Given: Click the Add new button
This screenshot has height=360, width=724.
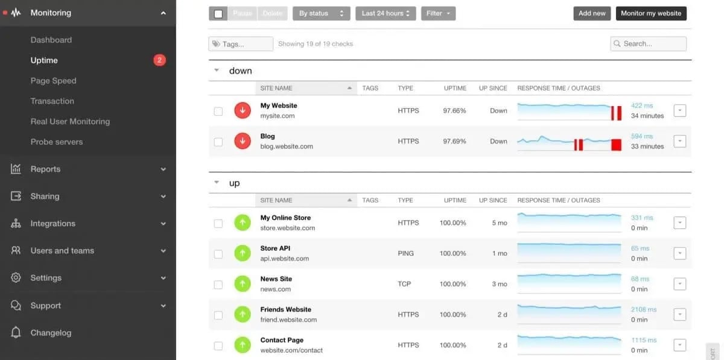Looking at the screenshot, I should coord(592,13).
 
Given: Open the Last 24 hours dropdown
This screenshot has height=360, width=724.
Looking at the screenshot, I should coord(385,13).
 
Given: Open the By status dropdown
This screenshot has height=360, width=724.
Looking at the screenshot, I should coord(321,13).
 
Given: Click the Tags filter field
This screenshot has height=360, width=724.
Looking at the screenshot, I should coord(241,44).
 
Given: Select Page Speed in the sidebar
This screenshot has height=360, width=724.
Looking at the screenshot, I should coord(54,81).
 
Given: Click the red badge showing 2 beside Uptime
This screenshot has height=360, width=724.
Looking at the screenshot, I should coord(159,60).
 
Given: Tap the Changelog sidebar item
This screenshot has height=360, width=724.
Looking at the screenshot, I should coord(51,333).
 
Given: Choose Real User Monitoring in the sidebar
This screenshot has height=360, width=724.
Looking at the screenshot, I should coord(70,121).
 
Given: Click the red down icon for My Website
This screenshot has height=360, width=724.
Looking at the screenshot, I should coord(242,110).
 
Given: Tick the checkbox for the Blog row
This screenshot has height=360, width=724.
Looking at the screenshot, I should coord(218,142).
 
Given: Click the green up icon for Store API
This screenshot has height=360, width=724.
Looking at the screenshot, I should coord(242,253).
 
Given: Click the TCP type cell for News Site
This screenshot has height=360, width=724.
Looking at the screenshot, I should coord(404,284).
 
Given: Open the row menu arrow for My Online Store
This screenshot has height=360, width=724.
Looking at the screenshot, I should coord(679,223).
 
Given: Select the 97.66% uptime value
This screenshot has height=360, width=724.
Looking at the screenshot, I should coord(454,111).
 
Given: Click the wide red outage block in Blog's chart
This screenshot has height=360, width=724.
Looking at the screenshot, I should coord(616,145).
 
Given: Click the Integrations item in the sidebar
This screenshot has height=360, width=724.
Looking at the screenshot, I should coord(53,224).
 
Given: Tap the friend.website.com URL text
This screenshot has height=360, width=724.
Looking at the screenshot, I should coord(288,320).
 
